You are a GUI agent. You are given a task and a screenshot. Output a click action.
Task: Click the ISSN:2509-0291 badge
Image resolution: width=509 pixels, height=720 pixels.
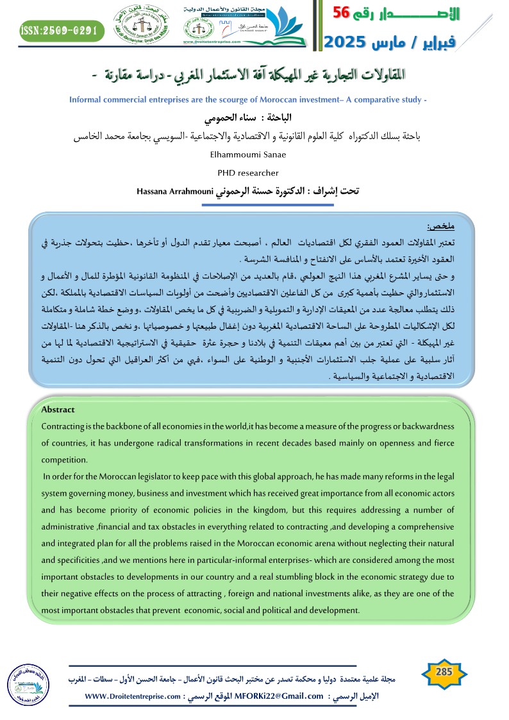coord(58,29)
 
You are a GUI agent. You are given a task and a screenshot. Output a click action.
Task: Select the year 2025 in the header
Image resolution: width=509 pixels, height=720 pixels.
coord(345,42)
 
